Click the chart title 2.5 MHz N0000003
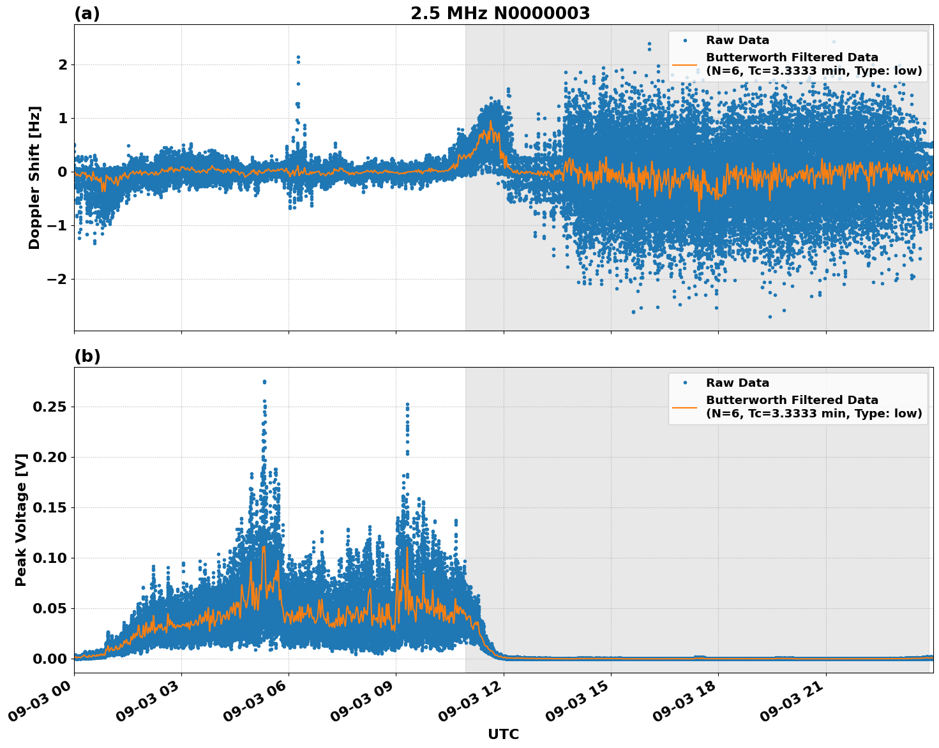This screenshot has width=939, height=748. pyautogui.click(x=500, y=13)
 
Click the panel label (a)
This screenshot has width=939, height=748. pyautogui.click(x=87, y=13)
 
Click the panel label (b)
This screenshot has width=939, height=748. pyautogui.click(x=87, y=356)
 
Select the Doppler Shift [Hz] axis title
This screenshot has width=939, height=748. pyautogui.click(x=34, y=177)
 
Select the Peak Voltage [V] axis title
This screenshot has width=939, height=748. pyautogui.click(x=21, y=520)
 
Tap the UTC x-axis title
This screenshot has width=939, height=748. pyautogui.click(x=503, y=734)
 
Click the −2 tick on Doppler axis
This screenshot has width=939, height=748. pyautogui.click(x=58, y=279)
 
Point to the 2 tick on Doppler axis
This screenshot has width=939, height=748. pyautogui.click(x=63, y=64)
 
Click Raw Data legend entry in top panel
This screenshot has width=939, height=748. pyautogui.click(x=737, y=40)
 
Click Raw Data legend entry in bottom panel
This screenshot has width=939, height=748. pyautogui.click(x=737, y=383)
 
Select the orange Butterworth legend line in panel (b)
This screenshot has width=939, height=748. pyautogui.click(x=684, y=407)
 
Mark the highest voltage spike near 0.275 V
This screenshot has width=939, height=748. pyautogui.click(x=264, y=382)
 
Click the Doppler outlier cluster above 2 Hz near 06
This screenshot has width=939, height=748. pyautogui.click(x=297, y=59)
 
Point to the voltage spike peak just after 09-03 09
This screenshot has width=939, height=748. pyautogui.click(x=407, y=405)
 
